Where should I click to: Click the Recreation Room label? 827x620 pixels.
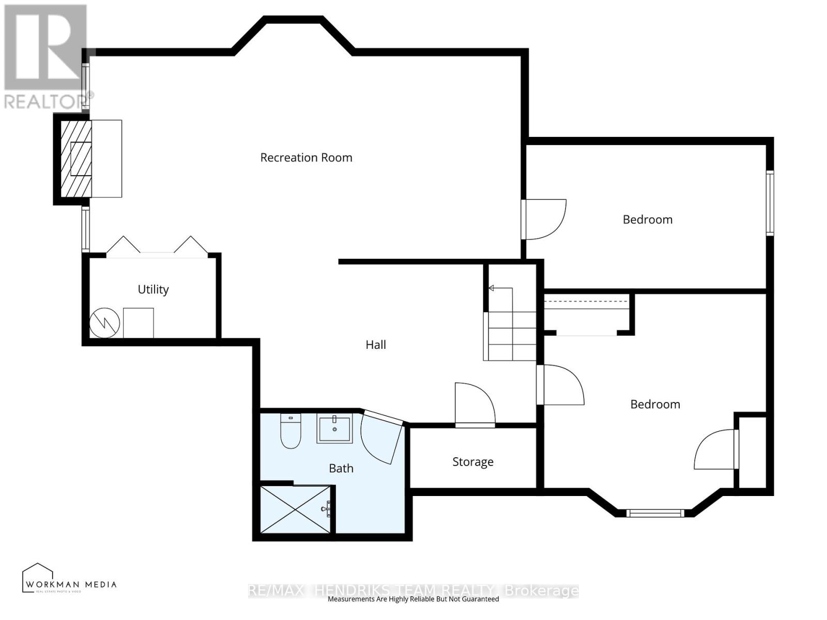(x=306, y=158)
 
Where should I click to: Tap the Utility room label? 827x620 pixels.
(x=153, y=289)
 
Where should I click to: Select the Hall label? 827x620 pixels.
(x=376, y=345)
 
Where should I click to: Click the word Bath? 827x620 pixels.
(x=341, y=468)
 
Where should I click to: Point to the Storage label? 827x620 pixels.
(x=472, y=462)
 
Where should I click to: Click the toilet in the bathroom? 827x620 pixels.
(x=290, y=431)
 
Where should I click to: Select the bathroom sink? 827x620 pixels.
(x=334, y=429)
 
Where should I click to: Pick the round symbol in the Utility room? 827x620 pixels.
(x=105, y=323)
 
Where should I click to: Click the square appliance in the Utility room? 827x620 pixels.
(x=139, y=323)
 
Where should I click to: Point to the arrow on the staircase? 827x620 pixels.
(x=492, y=288)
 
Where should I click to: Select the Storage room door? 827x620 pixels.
(x=474, y=406)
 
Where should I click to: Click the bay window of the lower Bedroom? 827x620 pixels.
(x=655, y=513)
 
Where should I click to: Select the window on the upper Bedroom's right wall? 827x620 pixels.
(x=770, y=203)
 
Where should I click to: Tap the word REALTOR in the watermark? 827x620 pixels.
(x=43, y=102)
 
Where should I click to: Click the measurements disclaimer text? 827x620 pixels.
(x=413, y=599)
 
